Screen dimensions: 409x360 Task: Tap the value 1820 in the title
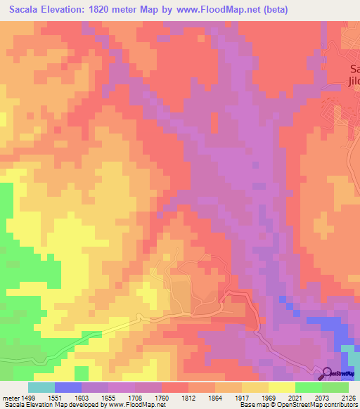(x=112, y=10)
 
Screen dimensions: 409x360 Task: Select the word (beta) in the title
(x=274, y=10)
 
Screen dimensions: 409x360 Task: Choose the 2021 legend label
(x=295, y=397)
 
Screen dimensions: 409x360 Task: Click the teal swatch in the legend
(x=41, y=387)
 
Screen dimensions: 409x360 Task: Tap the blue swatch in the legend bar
(x=68, y=387)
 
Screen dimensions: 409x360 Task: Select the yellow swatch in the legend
(x=282, y=387)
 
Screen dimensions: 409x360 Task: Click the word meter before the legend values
(x=11, y=397)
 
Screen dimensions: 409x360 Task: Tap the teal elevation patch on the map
(x=349, y=355)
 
